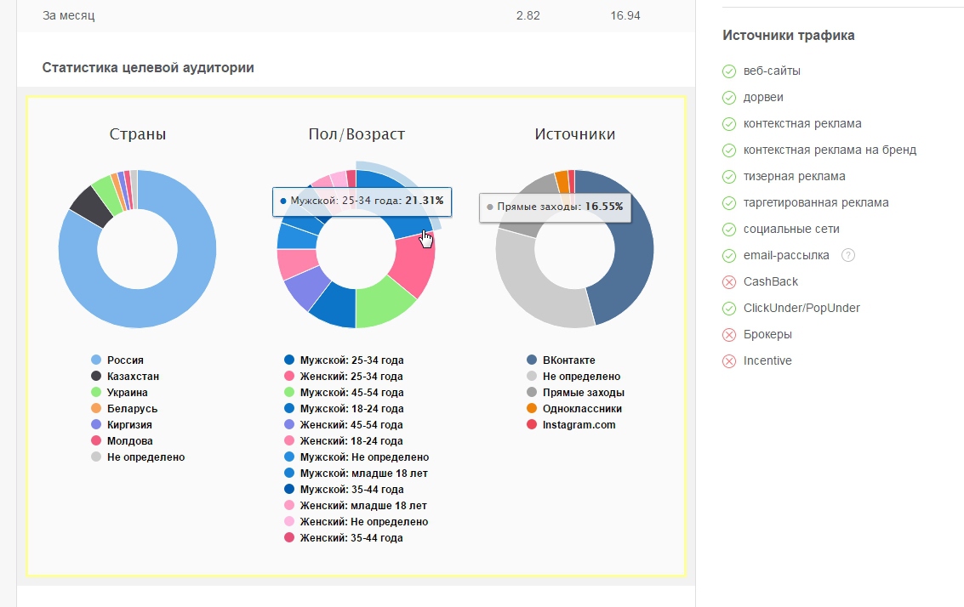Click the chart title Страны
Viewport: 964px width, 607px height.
click(138, 134)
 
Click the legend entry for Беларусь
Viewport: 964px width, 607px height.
click(132, 409)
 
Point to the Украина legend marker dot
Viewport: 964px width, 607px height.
click(96, 392)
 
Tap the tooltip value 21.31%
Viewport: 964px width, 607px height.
click(425, 201)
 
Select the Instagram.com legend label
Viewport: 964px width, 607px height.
click(579, 424)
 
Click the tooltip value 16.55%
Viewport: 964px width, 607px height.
click(604, 207)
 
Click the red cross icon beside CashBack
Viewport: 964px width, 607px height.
click(729, 282)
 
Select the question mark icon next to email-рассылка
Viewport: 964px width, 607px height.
click(847, 256)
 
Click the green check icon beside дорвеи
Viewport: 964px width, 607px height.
click(729, 98)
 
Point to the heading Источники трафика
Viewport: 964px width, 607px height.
click(788, 36)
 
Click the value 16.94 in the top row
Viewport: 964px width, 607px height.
click(625, 15)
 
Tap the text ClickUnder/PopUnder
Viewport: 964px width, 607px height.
click(801, 308)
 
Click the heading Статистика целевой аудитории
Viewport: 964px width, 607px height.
click(148, 67)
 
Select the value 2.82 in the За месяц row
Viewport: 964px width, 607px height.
click(528, 15)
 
